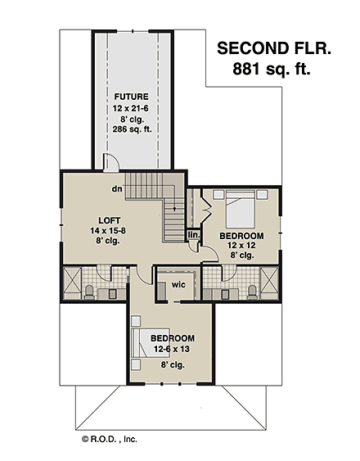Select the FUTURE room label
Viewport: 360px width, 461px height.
point(131,97)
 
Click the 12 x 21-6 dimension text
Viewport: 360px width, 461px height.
point(131,107)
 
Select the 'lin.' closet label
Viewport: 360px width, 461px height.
point(193,235)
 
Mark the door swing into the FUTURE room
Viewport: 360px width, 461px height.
point(113,162)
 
